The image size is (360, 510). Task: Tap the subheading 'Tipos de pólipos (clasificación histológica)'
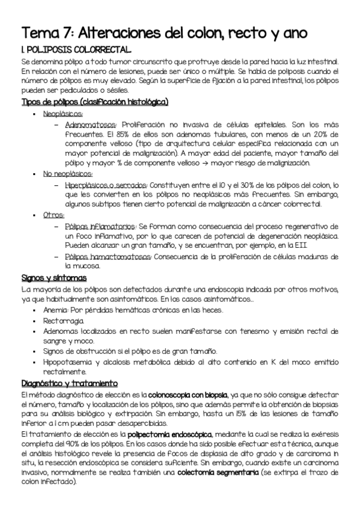pos(94,101)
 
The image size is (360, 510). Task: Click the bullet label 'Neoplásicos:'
pos(63,112)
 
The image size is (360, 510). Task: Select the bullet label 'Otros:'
pos(53,214)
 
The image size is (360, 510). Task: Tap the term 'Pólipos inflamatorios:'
pos(100,226)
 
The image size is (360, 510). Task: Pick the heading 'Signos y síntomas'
pos(54,278)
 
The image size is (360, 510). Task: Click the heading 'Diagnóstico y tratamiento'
pos(69,383)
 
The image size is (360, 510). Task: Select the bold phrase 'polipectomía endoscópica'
pos(190,433)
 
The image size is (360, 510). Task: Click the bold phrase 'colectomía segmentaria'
pos(209,473)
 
